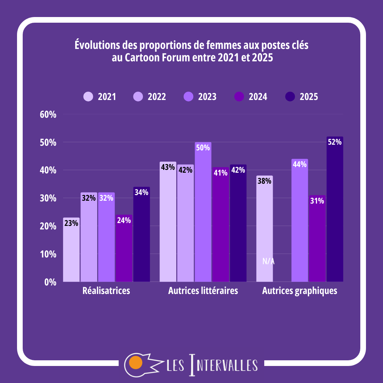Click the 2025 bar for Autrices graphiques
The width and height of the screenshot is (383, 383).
click(x=335, y=213)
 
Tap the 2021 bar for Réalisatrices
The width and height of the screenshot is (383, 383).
click(x=71, y=252)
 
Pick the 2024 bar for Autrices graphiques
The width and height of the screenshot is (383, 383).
click(x=317, y=241)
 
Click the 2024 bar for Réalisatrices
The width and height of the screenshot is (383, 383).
click(x=124, y=252)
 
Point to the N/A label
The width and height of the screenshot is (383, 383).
click(x=268, y=262)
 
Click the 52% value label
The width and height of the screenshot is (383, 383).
click(x=335, y=142)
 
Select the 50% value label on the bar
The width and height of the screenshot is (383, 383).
click(x=203, y=148)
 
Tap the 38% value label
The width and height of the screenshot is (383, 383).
click(x=265, y=181)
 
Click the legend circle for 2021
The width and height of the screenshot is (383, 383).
click(x=88, y=96)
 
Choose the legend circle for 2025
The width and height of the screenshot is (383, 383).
click(x=290, y=96)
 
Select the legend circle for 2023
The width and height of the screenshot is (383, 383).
click(x=189, y=96)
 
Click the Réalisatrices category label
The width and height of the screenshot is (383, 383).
click(x=106, y=291)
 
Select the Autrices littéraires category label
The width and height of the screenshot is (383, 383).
click(x=203, y=291)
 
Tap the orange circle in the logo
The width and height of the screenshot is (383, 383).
click(x=135, y=362)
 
